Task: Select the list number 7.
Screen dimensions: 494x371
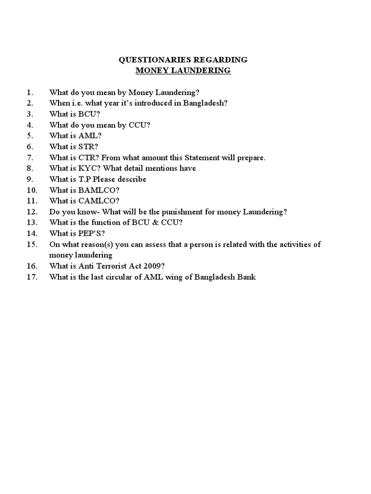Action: tap(29, 158)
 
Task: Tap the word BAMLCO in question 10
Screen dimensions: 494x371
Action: tap(95, 190)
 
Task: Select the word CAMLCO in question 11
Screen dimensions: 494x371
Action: tap(95, 201)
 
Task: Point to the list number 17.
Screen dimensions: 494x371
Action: tap(32, 277)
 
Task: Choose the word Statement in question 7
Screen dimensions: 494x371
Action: tap(209, 158)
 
